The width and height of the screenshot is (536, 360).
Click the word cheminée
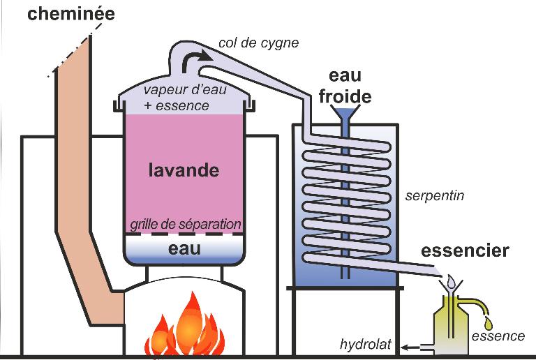point(71,15)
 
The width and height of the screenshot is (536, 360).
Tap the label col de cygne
point(258,43)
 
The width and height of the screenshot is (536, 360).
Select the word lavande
point(184,170)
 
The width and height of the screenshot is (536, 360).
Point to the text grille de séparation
point(186,225)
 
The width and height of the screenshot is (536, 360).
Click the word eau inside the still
point(184,248)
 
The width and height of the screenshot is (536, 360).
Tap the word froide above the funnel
point(345,97)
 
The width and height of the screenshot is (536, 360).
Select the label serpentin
point(435,196)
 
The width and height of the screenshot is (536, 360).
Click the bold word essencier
point(465,250)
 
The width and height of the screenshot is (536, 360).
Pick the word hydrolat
point(366,344)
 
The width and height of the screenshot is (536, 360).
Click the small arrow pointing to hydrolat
point(410,347)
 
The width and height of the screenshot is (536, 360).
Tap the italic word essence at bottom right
point(498,336)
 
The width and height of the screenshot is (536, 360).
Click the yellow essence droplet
point(489,323)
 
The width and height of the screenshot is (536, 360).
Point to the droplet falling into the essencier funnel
point(452,281)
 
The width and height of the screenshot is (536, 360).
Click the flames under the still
point(185,328)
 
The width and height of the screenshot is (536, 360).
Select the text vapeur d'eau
point(185,90)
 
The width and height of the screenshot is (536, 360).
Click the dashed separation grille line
point(185,234)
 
